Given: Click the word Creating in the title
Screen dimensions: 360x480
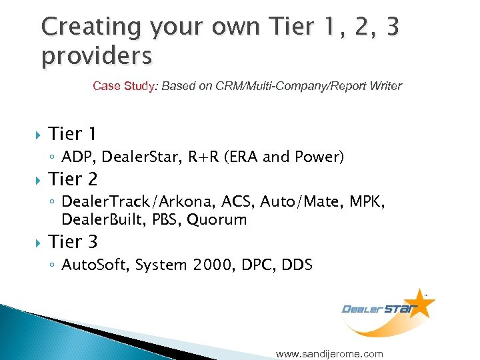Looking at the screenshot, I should (91, 27).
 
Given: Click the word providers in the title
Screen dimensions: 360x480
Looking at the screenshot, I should (96, 56).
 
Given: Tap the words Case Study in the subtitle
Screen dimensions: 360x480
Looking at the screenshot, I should (123, 86).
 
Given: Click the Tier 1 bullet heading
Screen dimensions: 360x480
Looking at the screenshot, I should (73, 134).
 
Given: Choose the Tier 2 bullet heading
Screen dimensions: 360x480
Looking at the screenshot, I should (73, 179).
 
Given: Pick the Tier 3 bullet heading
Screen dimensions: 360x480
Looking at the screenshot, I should (73, 242).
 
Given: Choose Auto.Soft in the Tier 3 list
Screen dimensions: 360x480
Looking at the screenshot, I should (95, 265).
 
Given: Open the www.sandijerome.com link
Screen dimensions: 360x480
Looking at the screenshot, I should (329, 353).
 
